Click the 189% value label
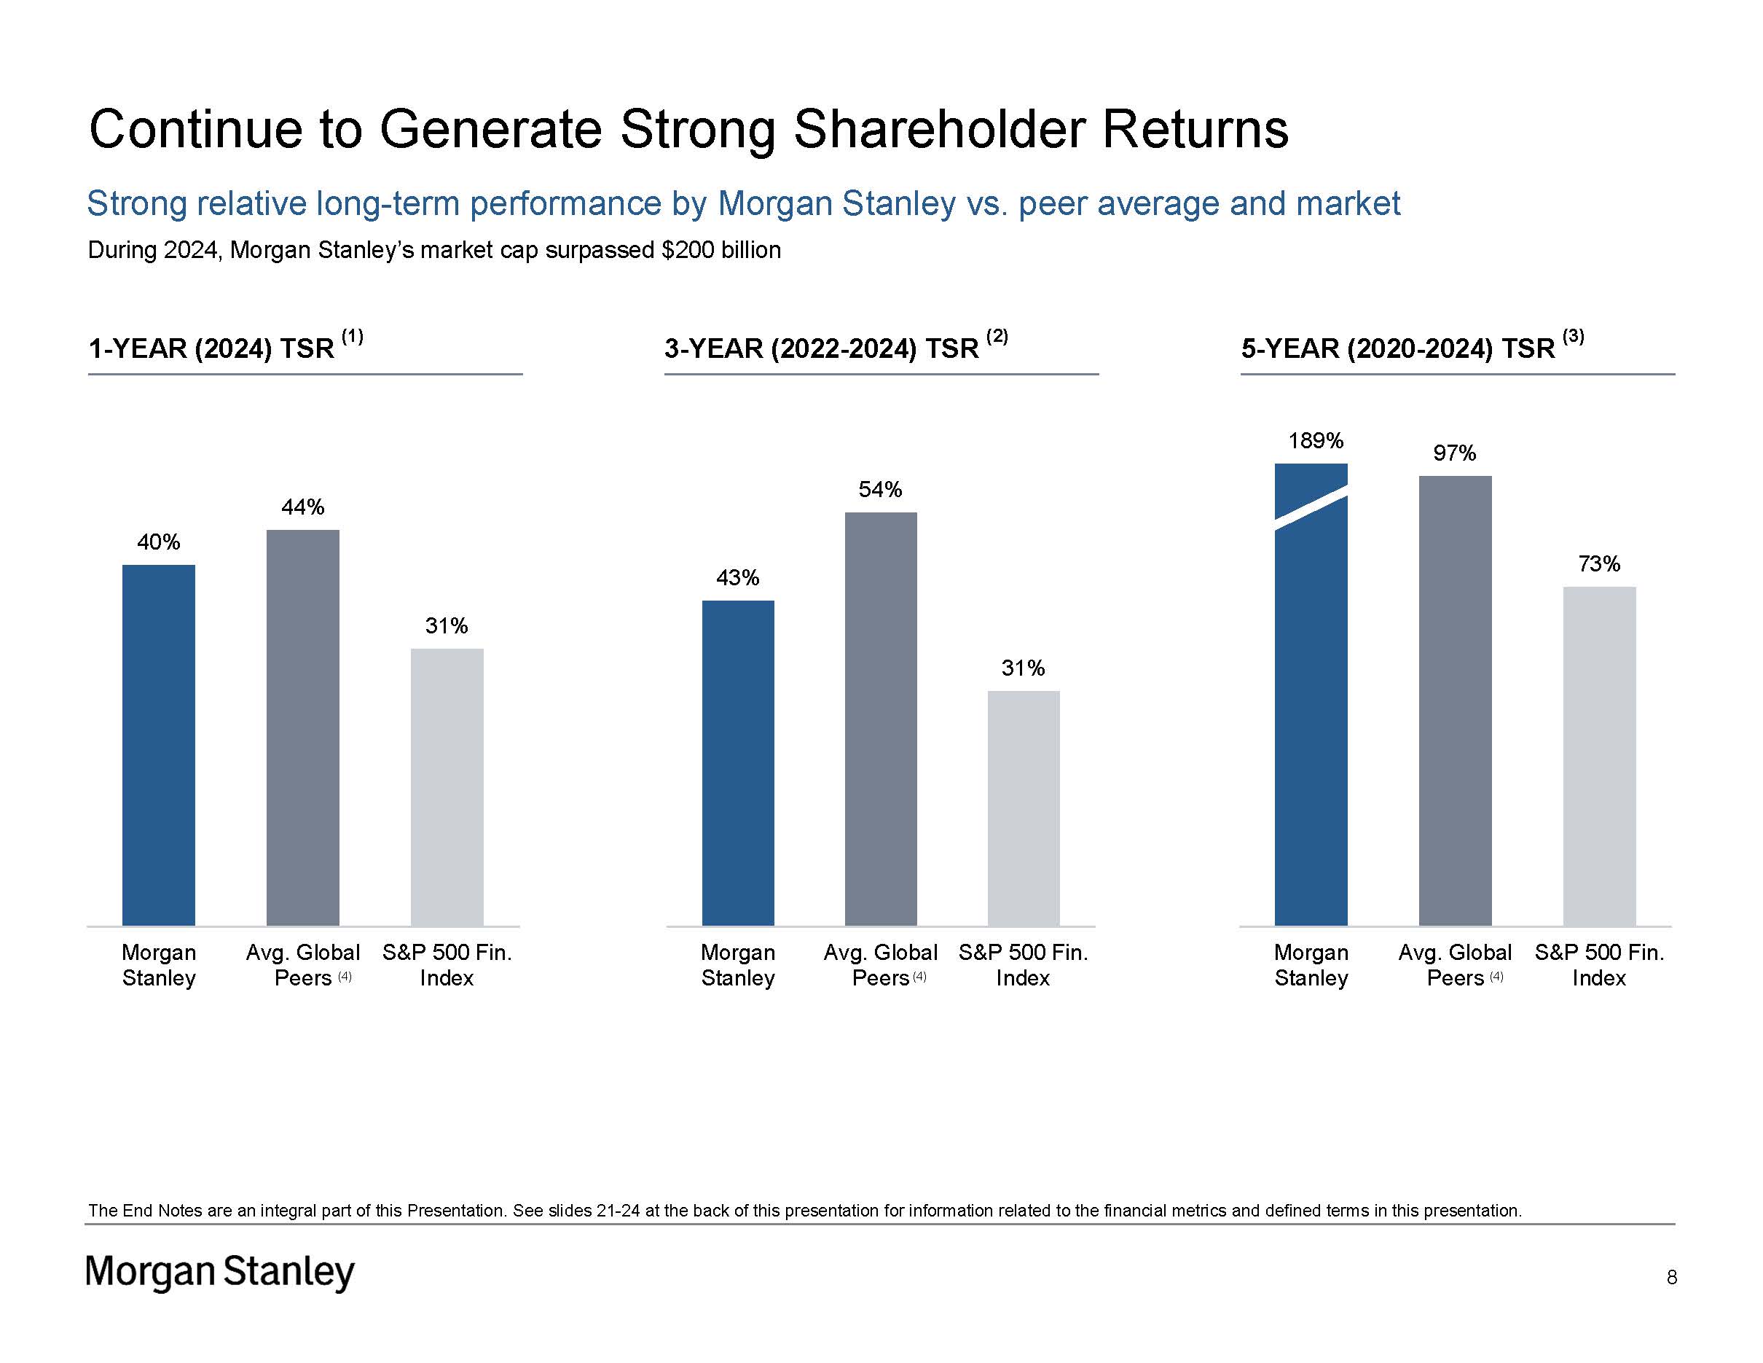tap(1315, 441)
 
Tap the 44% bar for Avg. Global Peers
tap(303, 727)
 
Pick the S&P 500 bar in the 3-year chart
tap(1023, 808)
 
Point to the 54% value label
tap(880, 489)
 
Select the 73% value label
tap(1598, 563)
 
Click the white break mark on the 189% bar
tap(1311, 508)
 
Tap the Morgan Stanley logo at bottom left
tap(219, 1272)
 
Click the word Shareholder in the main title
tap(940, 129)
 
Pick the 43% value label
tap(737, 578)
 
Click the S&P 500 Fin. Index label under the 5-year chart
tap(1598, 965)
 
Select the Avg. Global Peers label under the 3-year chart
tap(880, 965)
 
